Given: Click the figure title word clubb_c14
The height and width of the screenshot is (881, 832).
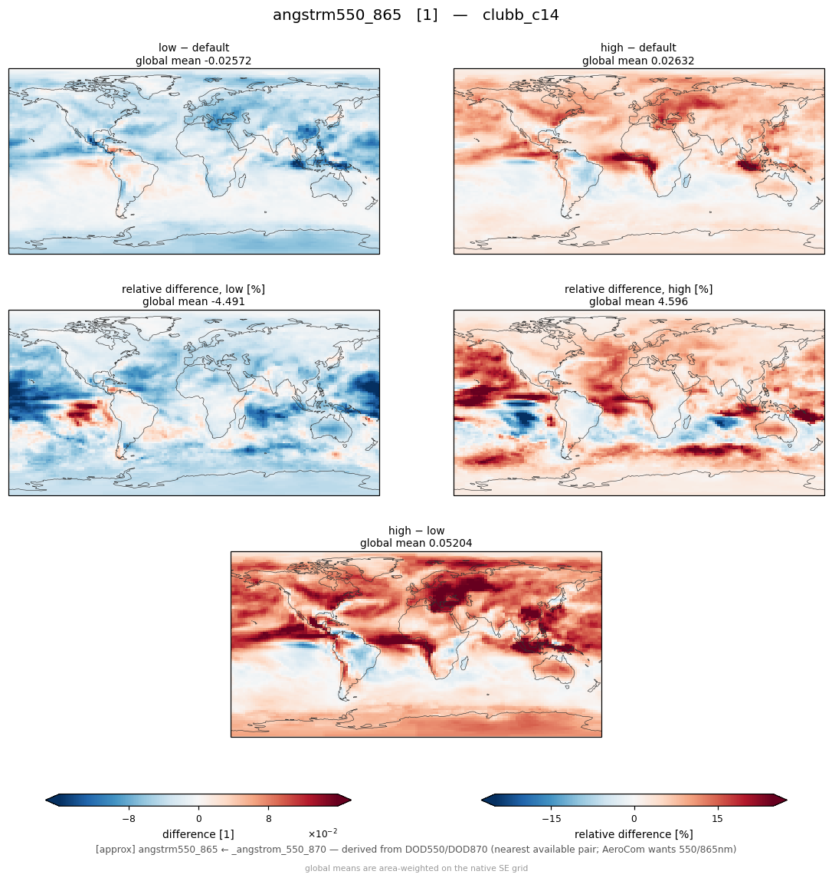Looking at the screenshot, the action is [x=520, y=15].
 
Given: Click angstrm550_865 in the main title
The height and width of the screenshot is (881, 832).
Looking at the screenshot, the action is [x=337, y=15].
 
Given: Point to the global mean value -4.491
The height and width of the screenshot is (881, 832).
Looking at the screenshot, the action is [x=226, y=302].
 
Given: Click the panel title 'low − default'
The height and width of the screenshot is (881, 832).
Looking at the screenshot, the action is [x=194, y=48].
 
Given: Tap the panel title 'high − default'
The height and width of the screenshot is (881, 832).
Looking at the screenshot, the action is [x=638, y=48].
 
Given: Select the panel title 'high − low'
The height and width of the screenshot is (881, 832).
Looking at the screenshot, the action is [x=416, y=531].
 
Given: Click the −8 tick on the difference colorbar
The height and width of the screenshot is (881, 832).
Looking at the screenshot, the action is [x=129, y=819].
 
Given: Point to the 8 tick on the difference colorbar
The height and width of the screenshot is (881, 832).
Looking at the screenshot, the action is [x=269, y=819].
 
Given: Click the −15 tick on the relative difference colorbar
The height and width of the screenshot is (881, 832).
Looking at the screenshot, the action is [x=552, y=819].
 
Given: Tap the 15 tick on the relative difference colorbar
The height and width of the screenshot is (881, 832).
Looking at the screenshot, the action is [x=718, y=819].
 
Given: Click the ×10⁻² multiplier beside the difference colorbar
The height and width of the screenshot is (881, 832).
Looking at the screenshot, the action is [x=323, y=833].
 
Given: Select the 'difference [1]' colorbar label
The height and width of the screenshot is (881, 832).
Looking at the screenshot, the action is [x=198, y=834].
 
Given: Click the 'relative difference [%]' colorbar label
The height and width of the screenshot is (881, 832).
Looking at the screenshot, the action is [x=634, y=834].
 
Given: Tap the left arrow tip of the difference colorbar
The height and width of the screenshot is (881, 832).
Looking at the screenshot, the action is [x=46, y=800].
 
